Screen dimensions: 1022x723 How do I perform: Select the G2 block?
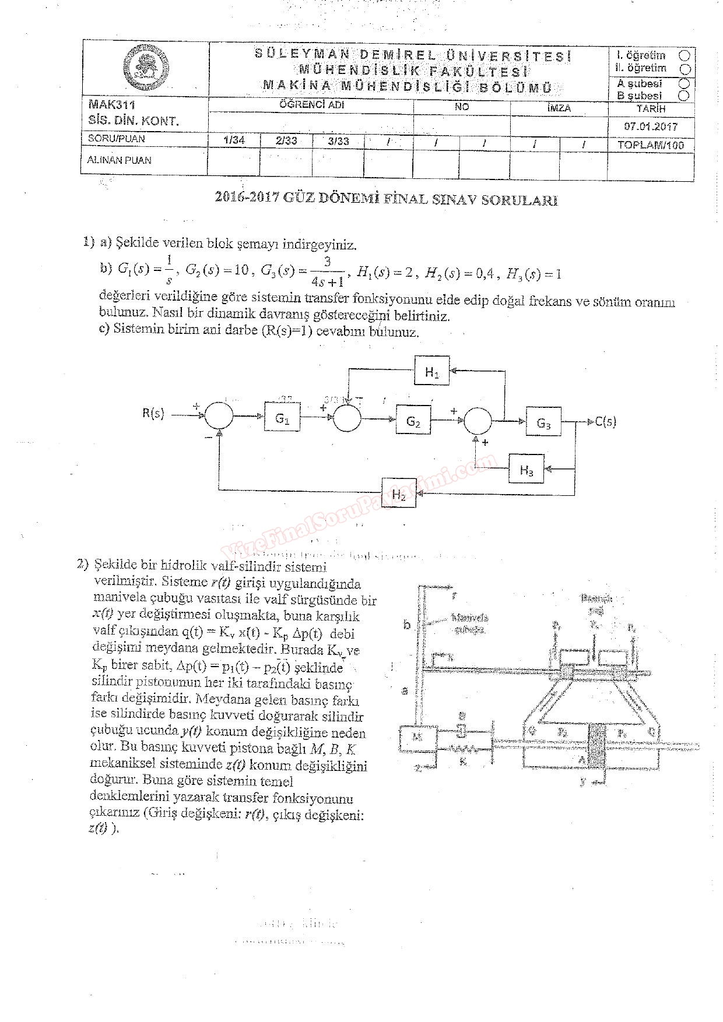tap(413, 421)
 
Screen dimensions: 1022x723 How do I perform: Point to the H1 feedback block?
tap(432, 372)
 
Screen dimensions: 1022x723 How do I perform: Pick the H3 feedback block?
tap(527, 469)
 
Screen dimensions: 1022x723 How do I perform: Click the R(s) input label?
tap(153, 414)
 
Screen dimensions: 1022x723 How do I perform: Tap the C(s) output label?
tap(605, 421)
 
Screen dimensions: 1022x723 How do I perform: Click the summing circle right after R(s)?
tap(219, 416)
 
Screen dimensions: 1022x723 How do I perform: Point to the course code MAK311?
tap(112, 105)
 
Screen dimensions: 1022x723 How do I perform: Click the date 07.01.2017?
tap(651, 126)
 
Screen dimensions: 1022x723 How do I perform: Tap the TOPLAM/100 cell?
tap(651, 145)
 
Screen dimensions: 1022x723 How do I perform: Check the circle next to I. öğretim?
tap(685, 55)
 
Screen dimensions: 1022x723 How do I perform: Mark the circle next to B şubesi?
tap(685, 95)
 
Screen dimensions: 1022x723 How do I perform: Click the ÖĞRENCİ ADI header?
tap(312, 105)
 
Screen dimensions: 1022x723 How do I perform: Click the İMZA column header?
tap(559, 108)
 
